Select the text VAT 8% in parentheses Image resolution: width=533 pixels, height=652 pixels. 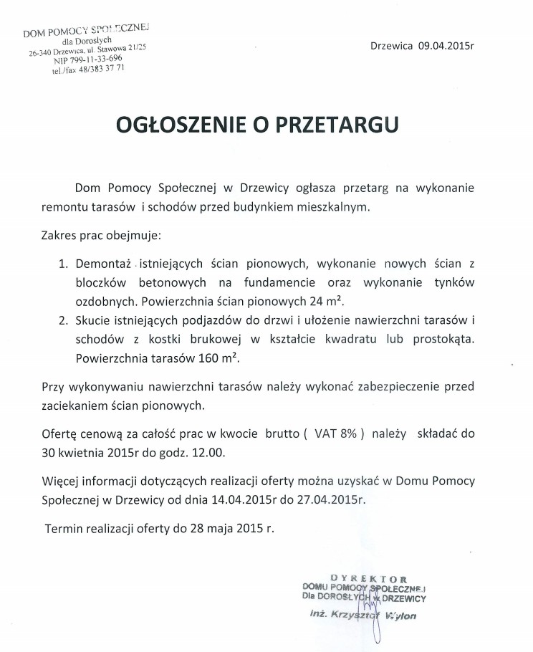335,433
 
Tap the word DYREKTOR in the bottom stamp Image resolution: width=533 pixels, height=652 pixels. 369,577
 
